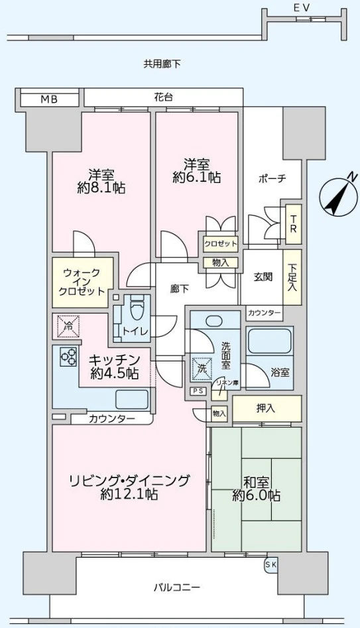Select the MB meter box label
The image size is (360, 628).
click(x=49, y=99)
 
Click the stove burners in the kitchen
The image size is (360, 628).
click(x=69, y=357)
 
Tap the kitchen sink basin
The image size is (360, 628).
click(x=132, y=399)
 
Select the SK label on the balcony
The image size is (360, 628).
click(x=270, y=564)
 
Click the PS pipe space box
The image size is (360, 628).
click(x=197, y=391)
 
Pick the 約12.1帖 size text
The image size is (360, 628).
click(x=129, y=495)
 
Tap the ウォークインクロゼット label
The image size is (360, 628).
click(x=83, y=282)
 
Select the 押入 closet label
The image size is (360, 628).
click(x=267, y=408)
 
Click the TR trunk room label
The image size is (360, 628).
click(x=292, y=225)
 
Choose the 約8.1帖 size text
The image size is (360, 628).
click(x=101, y=188)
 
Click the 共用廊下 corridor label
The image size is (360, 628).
click(x=162, y=64)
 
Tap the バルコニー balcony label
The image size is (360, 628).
click(x=176, y=587)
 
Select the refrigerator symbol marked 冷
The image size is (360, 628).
click(x=66, y=326)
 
